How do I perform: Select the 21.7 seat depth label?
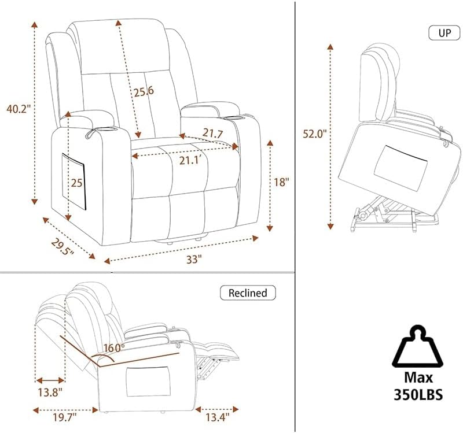212,134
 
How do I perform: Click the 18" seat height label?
280,181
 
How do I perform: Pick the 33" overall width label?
193,260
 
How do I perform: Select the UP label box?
444,32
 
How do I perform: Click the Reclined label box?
248,293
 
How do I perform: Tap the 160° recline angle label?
114,348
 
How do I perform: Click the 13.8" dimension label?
49,393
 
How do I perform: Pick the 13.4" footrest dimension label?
216,416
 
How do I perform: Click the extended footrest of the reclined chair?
223,350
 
